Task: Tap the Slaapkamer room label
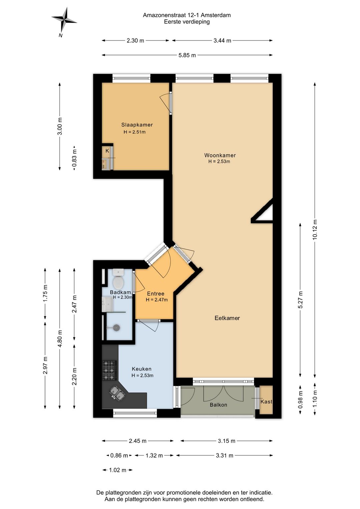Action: point(137,125)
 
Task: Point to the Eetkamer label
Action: point(227,318)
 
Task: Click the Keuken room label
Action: point(142,369)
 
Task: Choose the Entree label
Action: point(156,294)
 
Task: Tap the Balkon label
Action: point(218,405)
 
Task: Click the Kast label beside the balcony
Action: point(266,402)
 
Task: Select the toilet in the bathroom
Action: point(118,279)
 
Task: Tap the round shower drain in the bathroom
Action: point(117,328)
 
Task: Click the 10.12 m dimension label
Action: point(315,230)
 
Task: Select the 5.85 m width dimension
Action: point(187,55)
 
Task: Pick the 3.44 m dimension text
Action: point(222,41)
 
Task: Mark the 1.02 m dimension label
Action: point(117,470)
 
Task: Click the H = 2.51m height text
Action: point(134,132)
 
